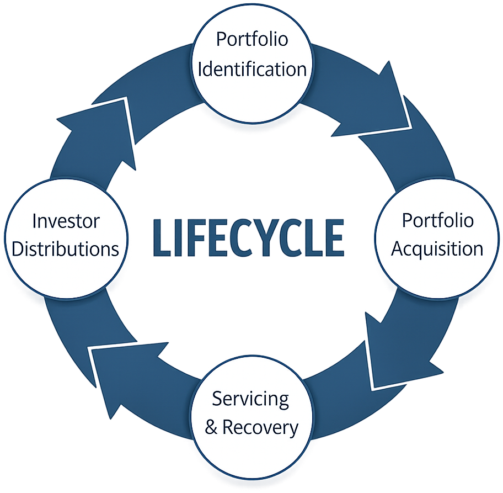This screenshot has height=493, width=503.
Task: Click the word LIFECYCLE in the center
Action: tap(248, 238)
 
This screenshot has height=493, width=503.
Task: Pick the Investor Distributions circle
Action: tap(66, 235)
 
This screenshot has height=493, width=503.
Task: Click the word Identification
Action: tap(251, 70)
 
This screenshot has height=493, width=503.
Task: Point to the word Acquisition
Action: tap(437, 248)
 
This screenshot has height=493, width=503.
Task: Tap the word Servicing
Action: tap(251, 399)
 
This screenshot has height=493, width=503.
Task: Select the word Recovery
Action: tap(260, 427)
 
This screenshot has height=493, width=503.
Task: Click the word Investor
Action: tap(66, 221)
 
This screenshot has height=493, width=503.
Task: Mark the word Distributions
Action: tap(66, 249)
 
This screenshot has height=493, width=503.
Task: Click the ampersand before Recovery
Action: tap(211, 427)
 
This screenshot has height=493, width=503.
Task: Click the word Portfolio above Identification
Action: tap(251, 40)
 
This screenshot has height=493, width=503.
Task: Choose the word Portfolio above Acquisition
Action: tap(437, 220)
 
